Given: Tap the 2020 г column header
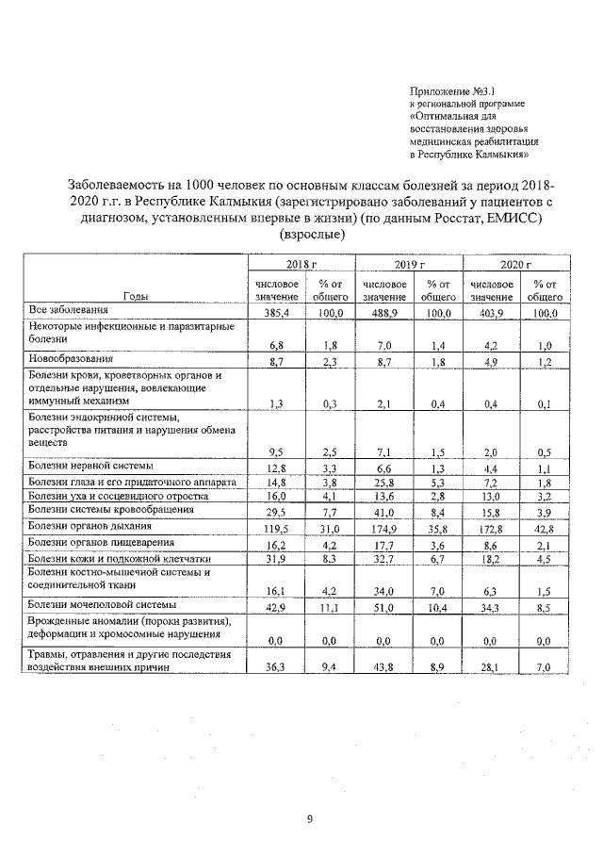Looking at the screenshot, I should [515, 267].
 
